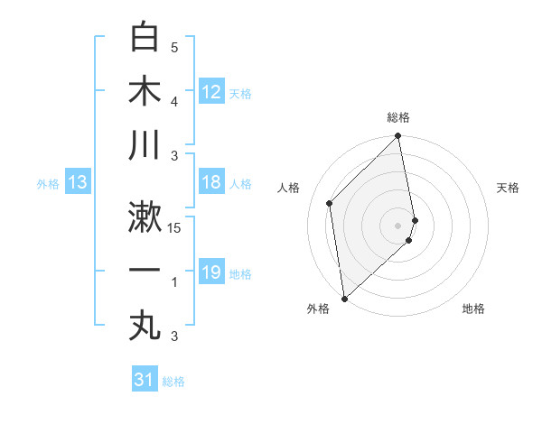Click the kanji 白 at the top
tap(145, 39)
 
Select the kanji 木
tap(145, 92)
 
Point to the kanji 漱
tap(145, 218)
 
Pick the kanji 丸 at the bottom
tap(145, 326)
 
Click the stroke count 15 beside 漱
tap(175, 228)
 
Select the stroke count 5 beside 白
tap(174, 48)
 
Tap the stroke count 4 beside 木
tap(174, 102)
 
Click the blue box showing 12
tap(211, 91)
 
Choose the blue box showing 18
tap(211, 182)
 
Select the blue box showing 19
tap(211, 272)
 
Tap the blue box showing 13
tap(78, 183)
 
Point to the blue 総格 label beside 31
tap(173, 382)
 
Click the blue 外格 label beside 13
tap(48, 184)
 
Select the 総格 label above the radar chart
tap(398, 117)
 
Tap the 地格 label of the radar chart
tap(473, 309)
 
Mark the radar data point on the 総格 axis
tap(398, 137)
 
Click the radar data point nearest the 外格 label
tap(344, 298)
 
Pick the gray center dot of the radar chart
tap(398, 224)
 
